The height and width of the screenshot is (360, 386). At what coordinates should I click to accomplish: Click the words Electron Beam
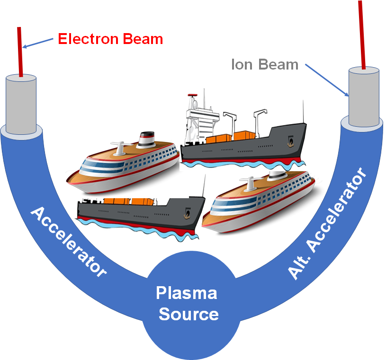110,39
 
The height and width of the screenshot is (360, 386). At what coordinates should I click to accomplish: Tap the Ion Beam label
265,64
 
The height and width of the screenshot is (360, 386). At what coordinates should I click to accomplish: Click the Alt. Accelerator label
328,223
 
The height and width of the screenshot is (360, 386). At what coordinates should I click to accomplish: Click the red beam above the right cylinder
362,33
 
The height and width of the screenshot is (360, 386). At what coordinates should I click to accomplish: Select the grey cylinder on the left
21,104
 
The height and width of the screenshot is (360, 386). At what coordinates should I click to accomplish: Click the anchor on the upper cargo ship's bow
291,141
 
